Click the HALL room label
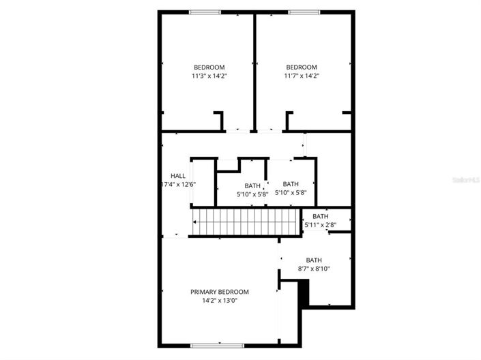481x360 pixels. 178,175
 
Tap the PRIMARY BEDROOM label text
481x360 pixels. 219,292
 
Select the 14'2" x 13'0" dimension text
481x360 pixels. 219,301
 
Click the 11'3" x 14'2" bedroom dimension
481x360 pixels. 209,76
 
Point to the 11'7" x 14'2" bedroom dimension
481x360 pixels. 302,76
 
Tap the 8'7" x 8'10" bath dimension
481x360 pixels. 314,269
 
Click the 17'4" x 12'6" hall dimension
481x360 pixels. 178,184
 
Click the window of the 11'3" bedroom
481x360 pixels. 205,12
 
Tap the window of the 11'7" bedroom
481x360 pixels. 304,12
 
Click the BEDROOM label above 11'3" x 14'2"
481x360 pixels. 209,67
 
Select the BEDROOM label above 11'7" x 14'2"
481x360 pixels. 302,67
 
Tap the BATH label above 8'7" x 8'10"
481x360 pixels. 314,260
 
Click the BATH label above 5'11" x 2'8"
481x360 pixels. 321,216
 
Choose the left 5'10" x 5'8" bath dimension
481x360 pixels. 252,194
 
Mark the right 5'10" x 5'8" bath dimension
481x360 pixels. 291,193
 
